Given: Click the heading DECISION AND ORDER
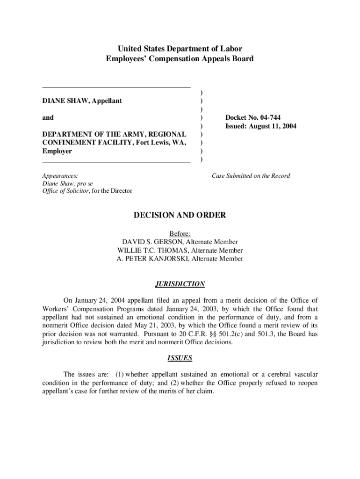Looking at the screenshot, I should pos(180,215).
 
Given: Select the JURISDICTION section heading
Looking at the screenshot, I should pos(180,284).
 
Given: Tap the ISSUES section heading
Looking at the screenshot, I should pos(180,358).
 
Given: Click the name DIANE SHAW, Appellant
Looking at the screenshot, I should pos(82,101).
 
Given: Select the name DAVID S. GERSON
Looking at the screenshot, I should pos(152,242).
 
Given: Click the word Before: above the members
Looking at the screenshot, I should pos(180,233).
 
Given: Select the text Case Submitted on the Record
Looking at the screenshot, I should pos(251,176).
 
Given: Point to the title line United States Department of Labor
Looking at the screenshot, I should pos(180,49).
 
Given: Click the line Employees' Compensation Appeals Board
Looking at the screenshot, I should pos(180,59).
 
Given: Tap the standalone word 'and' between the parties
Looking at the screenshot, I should pos(48,118).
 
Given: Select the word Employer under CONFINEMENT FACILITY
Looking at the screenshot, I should pos(57,152).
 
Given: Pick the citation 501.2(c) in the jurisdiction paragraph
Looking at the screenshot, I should pos(238,334).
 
